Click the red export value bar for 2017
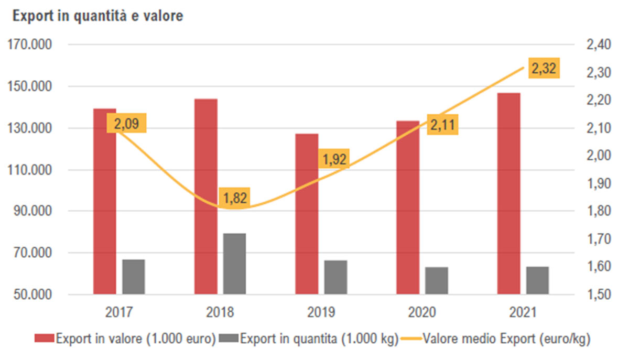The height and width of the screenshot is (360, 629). coord(104,210)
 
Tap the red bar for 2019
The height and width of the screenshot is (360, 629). coord(307,220)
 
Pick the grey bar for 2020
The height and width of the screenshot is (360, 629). coord(437,281)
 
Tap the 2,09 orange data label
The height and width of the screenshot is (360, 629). coord(127,124)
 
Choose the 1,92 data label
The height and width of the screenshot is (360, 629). coord(333,159)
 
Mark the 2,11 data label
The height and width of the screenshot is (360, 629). coord(443,125)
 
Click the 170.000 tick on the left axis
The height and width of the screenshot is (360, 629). coord(30,45)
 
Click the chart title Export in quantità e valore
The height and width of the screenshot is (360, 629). coord(97,16)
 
